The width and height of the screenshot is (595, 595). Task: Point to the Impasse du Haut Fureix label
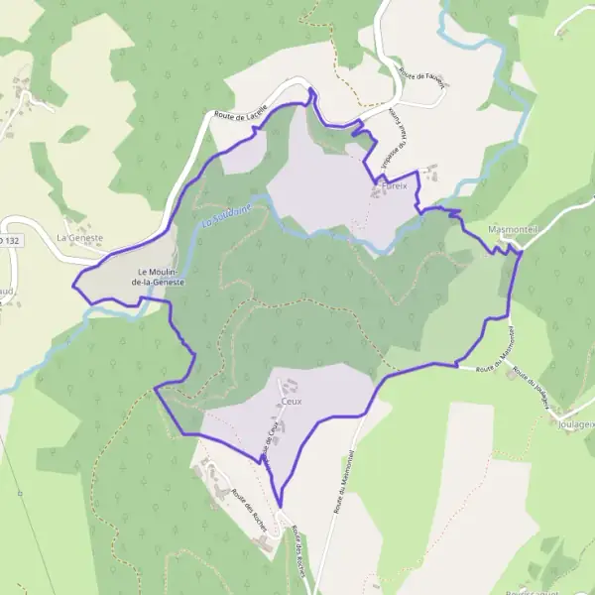tap(389, 132)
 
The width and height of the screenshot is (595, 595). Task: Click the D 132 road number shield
tap(8, 240)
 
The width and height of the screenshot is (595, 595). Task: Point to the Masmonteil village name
tap(513, 228)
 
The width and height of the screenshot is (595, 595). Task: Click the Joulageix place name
tap(574, 422)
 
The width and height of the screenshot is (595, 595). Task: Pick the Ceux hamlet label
tap(290, 402)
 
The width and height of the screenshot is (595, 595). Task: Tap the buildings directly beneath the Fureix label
tap(380, 191)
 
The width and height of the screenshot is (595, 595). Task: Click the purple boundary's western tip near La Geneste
tap(73, 286)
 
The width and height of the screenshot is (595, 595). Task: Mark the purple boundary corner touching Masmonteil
tap(520, 254)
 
